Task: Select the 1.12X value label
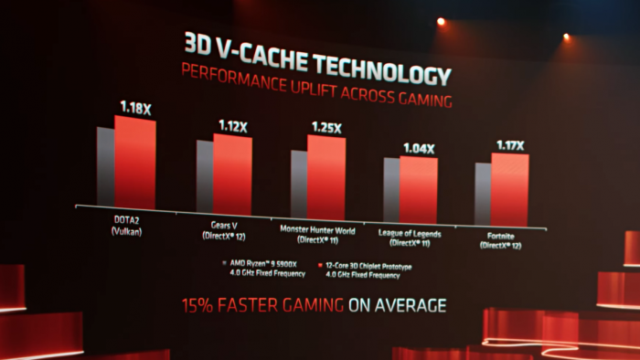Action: click(x=233, y=126)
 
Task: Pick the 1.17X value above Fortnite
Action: click(x=508, y=144)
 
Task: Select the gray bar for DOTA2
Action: click(x=105, y=166)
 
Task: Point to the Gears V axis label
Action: click(x=220, y=230)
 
